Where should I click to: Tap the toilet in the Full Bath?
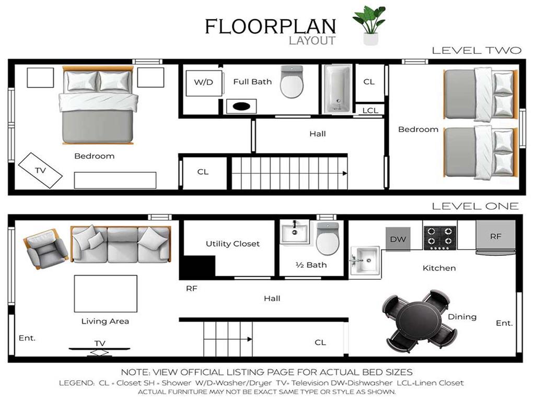tap(292, 82)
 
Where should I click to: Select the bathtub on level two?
tap(338, 89)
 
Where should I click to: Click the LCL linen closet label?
tap(370, 111)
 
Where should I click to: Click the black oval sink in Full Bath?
tap(241, 107)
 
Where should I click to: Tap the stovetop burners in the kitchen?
tap(440, 238)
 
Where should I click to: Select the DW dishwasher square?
tap(398, 239)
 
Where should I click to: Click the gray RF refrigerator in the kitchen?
tap(496, 238)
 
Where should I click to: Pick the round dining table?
tap(419, 321)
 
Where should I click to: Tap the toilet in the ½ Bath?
tap(328, 238)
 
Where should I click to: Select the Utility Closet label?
tap(232, 244)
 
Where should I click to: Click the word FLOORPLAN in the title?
tap(271, 27)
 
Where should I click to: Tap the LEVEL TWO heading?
tap(476, 51)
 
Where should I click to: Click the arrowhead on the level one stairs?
tap(250, 339)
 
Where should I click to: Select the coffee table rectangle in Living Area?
tap(106, 294)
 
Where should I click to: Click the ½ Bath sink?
tap(295, 233)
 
